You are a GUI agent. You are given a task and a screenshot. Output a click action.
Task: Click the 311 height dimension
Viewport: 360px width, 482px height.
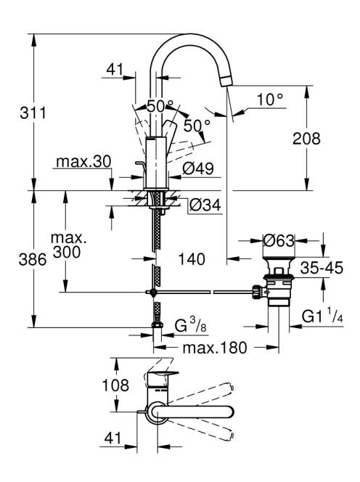click(33, 113)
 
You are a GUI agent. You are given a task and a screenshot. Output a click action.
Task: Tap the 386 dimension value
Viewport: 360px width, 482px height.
click(33, 260)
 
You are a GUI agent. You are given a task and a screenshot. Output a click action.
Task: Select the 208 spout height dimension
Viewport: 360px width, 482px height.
click(306, 139)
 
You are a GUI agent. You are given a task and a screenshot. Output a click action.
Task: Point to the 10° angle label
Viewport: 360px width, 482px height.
click(269, 99)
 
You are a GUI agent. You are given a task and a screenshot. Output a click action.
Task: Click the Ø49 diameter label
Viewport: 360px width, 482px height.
click(198, 168)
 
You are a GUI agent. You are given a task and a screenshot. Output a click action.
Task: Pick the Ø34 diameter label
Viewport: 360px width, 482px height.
click(205, 205)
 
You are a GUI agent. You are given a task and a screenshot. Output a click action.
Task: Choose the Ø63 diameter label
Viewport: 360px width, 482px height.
click(279, 241)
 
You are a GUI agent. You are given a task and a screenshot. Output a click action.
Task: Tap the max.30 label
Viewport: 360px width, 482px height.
click(83, 162)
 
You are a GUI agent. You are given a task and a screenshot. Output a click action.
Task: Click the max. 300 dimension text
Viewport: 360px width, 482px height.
click(67, 245)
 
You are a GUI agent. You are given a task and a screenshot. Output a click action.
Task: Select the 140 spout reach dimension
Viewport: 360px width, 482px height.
click(192, 259)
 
